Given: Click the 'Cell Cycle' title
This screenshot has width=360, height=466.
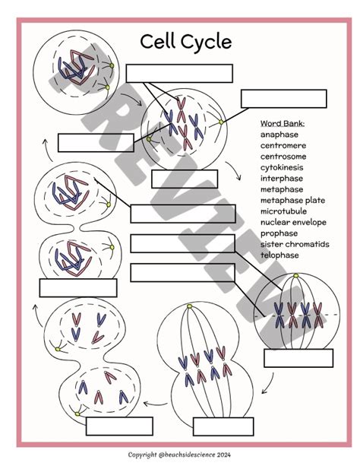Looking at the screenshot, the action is pos(185,42).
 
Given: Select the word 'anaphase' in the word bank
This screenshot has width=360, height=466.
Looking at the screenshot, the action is pos(279,135).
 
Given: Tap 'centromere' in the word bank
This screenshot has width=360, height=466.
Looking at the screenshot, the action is pos(283,146).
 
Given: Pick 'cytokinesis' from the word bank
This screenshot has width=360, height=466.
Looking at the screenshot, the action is pos(282,167).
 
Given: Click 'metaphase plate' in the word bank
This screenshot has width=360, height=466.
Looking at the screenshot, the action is pos(292,201).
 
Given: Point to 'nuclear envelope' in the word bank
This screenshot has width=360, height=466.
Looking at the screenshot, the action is pos(293,222).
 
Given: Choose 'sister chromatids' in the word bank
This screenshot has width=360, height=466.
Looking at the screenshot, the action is pos(295,244).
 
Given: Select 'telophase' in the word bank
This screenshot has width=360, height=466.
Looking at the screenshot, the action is pos(279,255).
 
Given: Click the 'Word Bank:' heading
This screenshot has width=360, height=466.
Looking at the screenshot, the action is pos(283,124).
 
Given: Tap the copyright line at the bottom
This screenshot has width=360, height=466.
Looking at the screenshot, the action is pos(179,455).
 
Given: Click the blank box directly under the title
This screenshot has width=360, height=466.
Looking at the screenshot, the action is pos(179,74).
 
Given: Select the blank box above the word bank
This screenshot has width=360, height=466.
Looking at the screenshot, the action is pos(283,99).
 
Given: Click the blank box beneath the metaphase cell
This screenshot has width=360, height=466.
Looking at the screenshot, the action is pos(298,358).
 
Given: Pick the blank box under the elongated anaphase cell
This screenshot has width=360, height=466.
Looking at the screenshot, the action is pos(223,426).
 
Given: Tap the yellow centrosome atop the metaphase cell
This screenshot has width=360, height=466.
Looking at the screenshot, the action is pos(295,276).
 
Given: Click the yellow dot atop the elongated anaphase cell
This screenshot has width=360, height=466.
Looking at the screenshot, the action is pos(190,306).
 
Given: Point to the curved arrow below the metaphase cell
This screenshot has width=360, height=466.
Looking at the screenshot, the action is pos(268,383).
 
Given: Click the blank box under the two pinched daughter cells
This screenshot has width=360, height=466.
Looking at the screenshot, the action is pos(78,288).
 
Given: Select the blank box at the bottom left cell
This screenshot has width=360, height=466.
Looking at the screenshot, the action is pos(119,426).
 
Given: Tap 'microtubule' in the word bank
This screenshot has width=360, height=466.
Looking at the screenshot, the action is pos(283,211).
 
